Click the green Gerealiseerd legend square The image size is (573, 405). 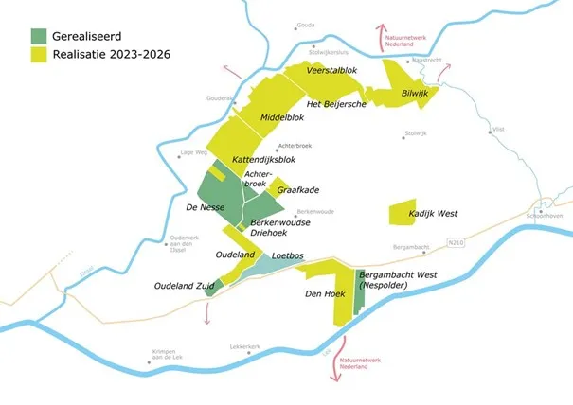[37, 36]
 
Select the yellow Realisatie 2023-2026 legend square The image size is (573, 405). [37, 55]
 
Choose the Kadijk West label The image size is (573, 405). [433, 214]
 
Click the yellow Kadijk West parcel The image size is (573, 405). [403, 213]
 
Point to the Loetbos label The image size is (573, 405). [286, 255]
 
